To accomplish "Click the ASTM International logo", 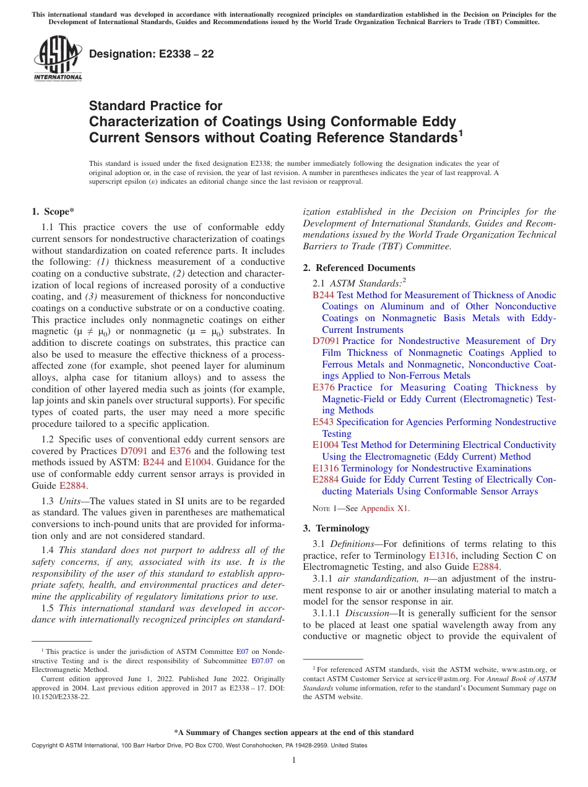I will click(58, 59).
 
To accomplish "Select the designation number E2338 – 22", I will click(152, 54).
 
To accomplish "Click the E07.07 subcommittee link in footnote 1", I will click(262, 660).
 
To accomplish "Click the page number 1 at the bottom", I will click(294, 760).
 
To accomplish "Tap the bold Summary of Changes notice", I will click(294, 733).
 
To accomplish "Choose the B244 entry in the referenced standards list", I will click(323, 295).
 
